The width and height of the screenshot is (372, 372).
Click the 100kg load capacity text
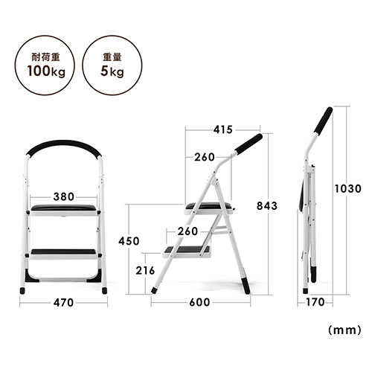pos(46,71)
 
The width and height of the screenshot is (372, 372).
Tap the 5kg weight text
pos(112,71)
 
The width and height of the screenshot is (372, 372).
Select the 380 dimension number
pos(64,196)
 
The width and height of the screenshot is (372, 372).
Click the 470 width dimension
pos(63,303)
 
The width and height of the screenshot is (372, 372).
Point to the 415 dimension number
pos(223,129)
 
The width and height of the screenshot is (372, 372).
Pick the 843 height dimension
pos(267,206)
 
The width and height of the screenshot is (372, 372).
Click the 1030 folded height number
pos(347,189)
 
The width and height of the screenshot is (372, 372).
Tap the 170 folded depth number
pos(315,302)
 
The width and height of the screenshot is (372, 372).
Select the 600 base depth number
pos(199,302)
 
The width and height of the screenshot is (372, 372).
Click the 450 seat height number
pos(129,241)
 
